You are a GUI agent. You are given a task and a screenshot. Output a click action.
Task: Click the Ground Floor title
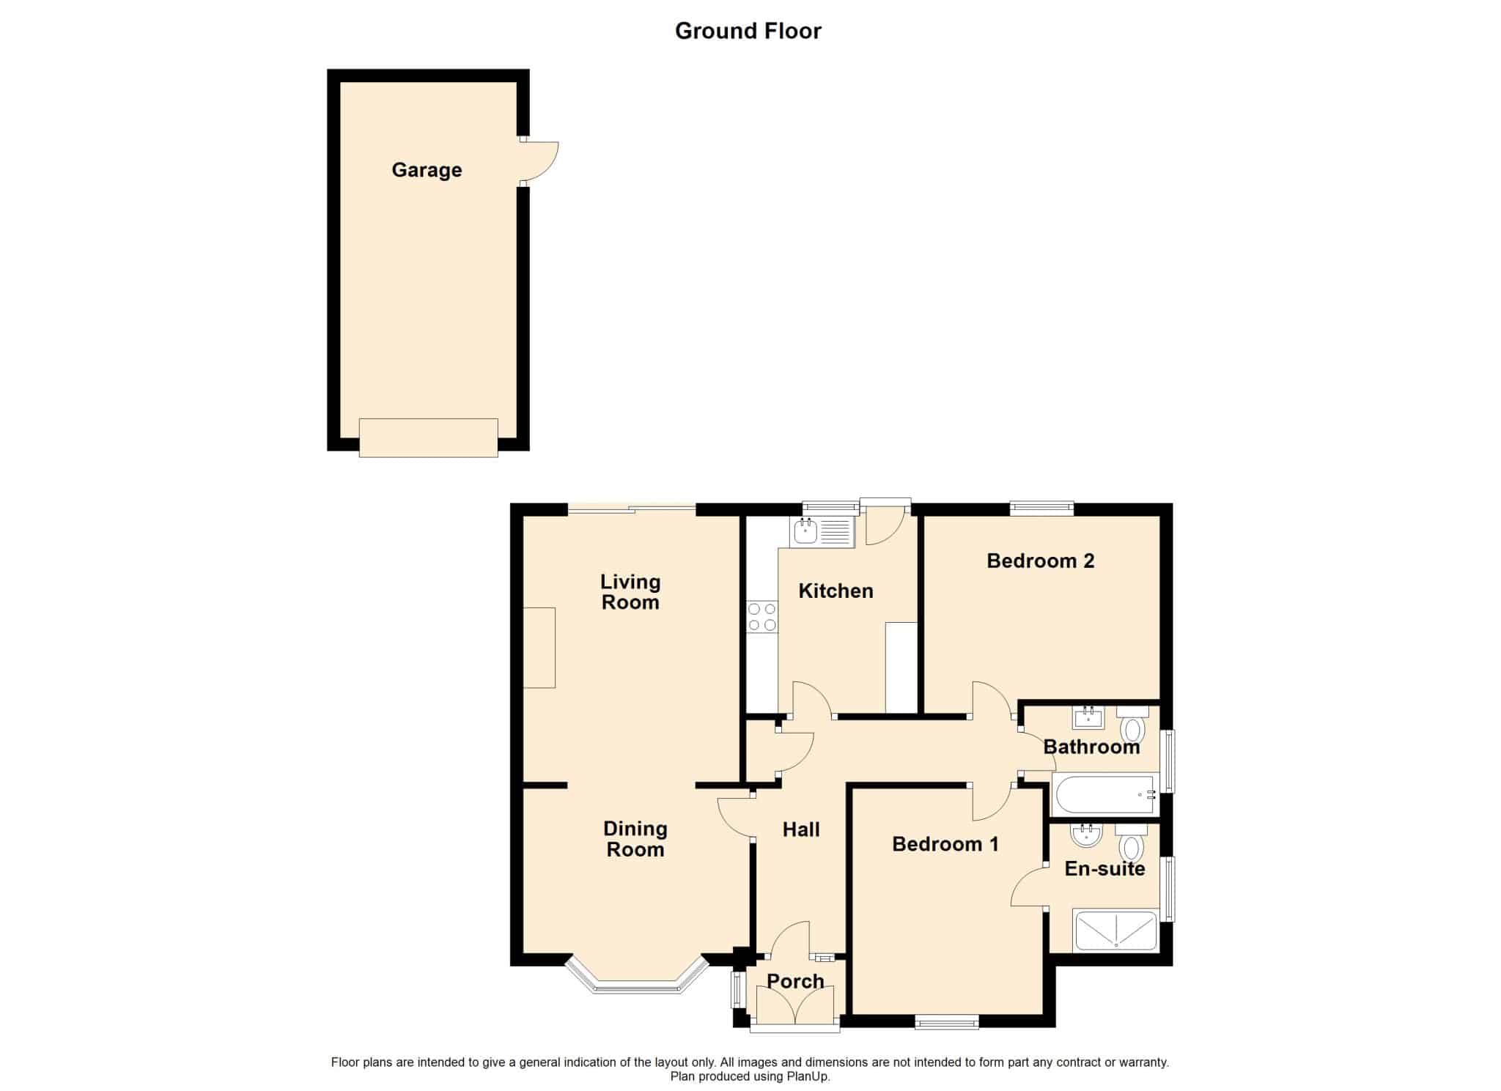[748, 31]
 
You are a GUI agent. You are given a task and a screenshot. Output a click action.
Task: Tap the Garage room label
[427, 170]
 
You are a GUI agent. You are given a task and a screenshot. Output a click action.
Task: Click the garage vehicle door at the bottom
[428, 437]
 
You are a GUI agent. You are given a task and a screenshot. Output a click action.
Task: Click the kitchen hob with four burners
[761, 617]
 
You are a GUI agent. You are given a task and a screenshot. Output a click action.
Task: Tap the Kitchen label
[836, 591]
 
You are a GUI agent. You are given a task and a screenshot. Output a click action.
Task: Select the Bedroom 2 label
[1040, 561]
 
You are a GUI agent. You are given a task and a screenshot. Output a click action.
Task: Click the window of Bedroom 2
[1041, 506]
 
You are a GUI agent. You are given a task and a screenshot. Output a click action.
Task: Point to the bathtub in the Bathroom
[1104, 795]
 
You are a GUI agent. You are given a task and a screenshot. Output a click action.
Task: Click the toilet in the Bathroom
[1132, 725]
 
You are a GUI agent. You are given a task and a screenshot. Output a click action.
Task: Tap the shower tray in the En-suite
[1115, 931]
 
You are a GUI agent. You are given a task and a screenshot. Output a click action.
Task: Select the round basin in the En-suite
[1086, 836]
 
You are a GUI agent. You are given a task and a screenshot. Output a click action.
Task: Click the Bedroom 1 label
[945, 845]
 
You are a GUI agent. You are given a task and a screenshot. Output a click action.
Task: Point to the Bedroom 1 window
[946, 1021]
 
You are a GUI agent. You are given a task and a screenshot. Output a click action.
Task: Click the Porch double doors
[794, 1005]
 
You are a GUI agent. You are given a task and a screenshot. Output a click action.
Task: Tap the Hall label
[800, 830]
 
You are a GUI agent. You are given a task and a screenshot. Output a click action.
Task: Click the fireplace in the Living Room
[539, 648]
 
